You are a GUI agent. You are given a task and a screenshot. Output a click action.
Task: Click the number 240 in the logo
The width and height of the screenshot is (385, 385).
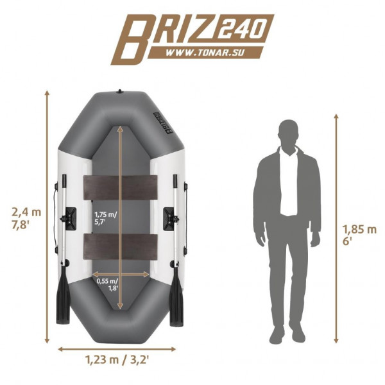pos(241,29)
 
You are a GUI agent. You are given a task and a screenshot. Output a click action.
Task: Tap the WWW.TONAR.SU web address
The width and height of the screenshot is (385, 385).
pos(205,53)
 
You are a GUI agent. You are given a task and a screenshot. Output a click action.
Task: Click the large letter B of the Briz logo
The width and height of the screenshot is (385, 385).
pos(133,39)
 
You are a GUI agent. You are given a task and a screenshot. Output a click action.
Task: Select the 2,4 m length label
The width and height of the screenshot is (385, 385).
pos(26,212)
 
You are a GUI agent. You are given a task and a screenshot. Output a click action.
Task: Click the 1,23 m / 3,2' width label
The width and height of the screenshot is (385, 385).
pos(117,361)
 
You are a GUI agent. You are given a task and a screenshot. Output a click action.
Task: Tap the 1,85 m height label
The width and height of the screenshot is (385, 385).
pos(359,230)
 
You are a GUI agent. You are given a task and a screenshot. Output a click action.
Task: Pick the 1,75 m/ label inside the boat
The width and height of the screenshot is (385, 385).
pos(106,214)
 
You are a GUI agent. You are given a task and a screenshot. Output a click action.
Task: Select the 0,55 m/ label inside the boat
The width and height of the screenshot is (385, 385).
pos(107,282)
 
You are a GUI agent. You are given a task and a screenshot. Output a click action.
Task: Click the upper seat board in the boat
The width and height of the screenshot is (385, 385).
pos(121,187)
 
